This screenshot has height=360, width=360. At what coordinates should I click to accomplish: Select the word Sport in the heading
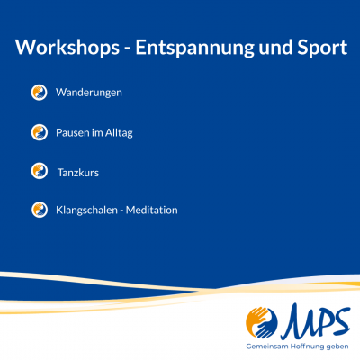click(319, 48)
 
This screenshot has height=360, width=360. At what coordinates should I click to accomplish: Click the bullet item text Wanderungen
click(88, 93)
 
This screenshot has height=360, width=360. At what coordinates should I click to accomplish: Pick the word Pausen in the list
click(73, 132)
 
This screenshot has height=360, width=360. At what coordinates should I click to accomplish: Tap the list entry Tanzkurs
click(78, 171)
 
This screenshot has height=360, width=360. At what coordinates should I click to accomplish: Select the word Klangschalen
click(87, 211)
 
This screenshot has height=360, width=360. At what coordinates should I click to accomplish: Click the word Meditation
click(152, 211)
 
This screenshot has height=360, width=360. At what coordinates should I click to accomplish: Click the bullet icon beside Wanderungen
click(39, 93)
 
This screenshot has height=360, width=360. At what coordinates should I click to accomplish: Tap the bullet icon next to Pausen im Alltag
click(39, 132)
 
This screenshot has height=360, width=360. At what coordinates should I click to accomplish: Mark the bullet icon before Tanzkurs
click(39, 171)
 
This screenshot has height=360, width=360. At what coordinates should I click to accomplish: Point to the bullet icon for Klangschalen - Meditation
click(39, 210)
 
